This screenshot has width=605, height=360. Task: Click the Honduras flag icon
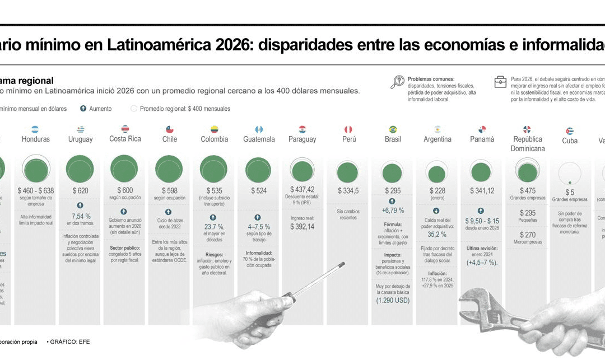coord(35,129)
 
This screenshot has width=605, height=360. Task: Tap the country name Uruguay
coord(80,139)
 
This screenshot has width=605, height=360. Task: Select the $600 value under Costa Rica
coord(125,190)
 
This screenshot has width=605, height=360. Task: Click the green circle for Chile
coord(169,169)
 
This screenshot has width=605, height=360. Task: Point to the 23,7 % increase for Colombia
coord(213,227)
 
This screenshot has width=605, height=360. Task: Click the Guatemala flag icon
coord(259,129)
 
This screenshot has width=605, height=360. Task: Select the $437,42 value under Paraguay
coord(302,190)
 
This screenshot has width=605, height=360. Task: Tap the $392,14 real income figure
coord(302,227)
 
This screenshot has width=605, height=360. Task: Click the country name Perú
coord(349,139)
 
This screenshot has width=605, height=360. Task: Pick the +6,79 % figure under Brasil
coord(393,211)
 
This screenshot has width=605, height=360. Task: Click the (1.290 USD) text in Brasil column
coord(393,300)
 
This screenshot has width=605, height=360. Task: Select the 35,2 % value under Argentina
coord(437,235)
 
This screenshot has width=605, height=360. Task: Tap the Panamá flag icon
coord(482,129)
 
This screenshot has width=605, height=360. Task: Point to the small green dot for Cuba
coord(570,183)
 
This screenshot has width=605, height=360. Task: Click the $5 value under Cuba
coord(570,192)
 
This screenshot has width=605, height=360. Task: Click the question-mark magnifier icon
coord(397,82)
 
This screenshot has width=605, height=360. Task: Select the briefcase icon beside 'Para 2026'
coord(500,82)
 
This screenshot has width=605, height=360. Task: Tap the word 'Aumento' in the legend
coord(100,109)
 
